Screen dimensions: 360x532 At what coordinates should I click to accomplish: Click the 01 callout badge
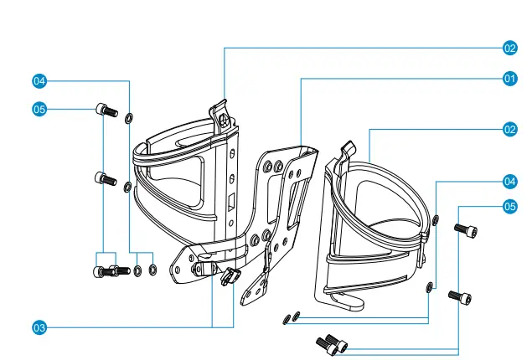coord(509,79)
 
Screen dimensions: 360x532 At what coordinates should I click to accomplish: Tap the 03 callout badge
coord(39,327)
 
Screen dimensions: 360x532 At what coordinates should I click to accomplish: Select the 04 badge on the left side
coord(39,81)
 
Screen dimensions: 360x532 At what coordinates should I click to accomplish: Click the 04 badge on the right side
coord(509,181)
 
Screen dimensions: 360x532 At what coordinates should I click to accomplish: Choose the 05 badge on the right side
coord(509,205)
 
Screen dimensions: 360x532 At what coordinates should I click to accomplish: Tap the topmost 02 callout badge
coord(509,48)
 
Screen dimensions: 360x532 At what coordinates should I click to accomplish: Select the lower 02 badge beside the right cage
coord(509,130)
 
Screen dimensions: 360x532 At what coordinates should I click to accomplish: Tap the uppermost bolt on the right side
coord(466,229)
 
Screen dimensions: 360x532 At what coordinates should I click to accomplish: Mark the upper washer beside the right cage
coord(436,220)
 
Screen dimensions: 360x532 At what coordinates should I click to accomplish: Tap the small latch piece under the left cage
coord(228,276)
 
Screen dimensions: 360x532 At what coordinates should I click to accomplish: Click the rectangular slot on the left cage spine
coord(227,202)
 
